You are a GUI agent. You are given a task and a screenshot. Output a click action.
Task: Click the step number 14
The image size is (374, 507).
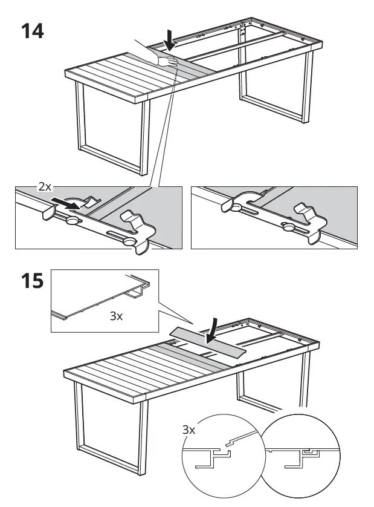pyautogui.click(x=33, y=31)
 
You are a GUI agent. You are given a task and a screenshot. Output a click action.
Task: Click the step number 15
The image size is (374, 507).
pyautogui.click(x=33, y=283)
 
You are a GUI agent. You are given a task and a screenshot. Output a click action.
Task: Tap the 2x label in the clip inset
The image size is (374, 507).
pyautogui.click(x=45, y=188)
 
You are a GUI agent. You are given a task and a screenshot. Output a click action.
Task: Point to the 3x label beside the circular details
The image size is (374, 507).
pyautogui.click(x=190, y=430)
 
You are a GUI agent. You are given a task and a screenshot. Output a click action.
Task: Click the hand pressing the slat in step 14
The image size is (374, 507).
pyautogui.click(x=164, y=59)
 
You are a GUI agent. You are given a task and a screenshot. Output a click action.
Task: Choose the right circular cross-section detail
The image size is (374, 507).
pyautogui.click(x=300, y=455)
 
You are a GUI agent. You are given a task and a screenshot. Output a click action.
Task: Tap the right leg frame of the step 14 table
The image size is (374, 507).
pyautogui.click(x=275, y=91)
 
